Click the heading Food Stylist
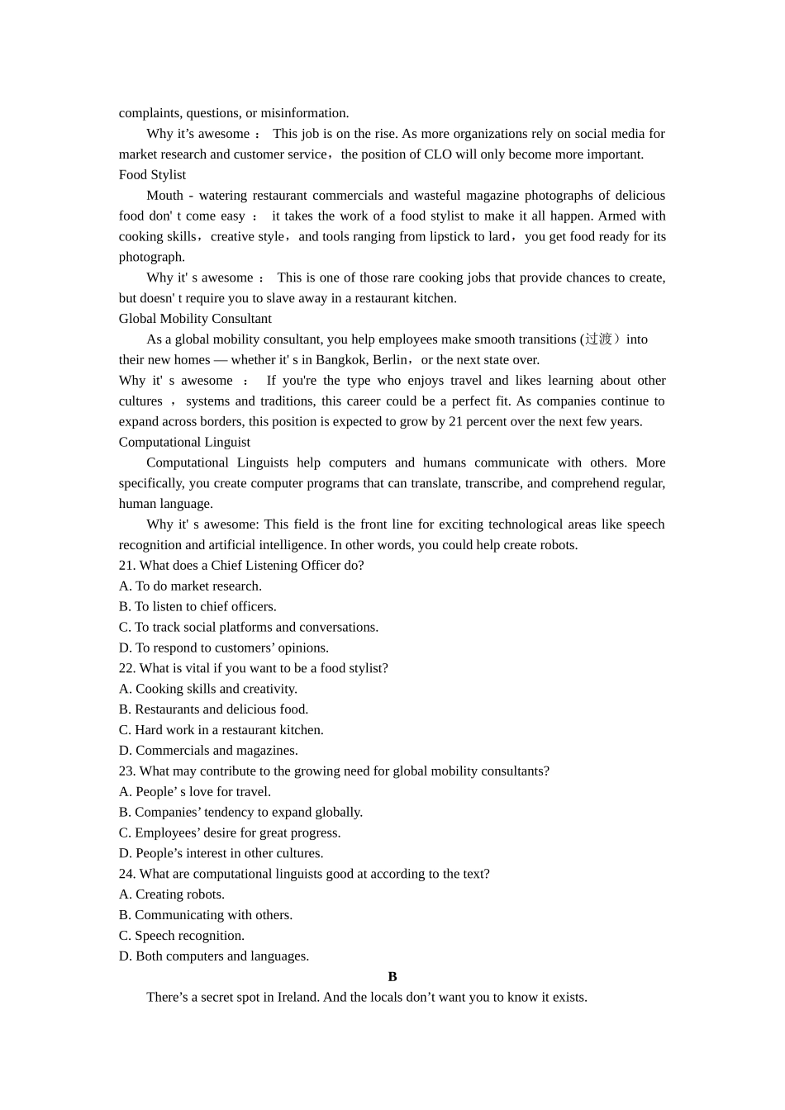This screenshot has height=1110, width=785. click(152, 175)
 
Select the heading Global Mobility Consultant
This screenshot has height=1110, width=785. click(195, 319)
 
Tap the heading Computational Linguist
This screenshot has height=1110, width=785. click(184, 443)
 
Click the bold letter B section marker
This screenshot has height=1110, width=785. click(392, 977)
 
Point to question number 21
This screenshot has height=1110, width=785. click(127, 566)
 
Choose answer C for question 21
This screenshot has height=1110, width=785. click(249, 628)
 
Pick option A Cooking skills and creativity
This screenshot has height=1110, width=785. click(208, 689)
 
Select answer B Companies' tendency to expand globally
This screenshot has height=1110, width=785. click(240, 813)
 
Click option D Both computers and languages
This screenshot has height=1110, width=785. click(214, 956)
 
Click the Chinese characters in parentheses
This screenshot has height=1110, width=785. click(599, 339)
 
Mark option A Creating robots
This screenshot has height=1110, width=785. click(172, 894)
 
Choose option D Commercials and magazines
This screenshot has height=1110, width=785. click(208, 751)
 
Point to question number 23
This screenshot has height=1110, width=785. click(127, 771)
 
